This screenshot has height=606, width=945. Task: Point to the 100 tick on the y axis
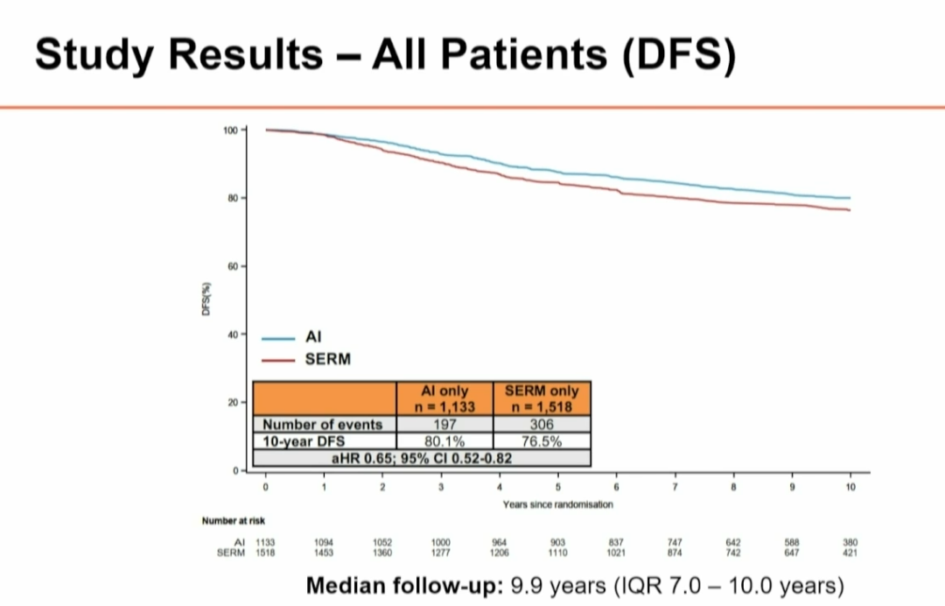[x=230, y=130]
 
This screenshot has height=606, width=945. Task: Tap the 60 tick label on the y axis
[x=232, y=266]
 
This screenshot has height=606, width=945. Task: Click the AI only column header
[x=444, y=398]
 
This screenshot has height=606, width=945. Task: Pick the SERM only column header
[x=542, y=398]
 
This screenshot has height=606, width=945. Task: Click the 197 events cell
[x=444, y=425]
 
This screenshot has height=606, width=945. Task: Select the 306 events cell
[x=542, y=425]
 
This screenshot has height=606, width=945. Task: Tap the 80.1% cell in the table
[x=444, y=441]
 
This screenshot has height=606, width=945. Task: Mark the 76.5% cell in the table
[x=542, y=441]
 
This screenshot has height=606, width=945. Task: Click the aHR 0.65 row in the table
[x=423, y=458]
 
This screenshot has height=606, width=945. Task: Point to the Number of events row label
[x=323, y=425]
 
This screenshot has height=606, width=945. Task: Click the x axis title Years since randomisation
[x=557, y=504]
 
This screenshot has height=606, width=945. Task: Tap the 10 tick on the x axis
[x=850, y=486]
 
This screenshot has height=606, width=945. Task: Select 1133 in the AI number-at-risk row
[x=264, y=543]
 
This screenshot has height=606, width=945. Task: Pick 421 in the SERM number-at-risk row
[x=850, y=553]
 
